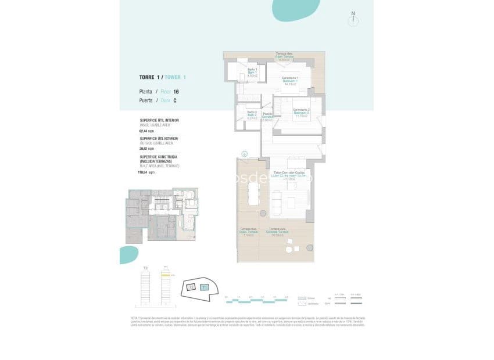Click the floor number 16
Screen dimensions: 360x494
(x=176, y=92)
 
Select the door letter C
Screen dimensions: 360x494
(x=174, y=100)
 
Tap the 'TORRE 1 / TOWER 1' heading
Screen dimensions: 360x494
(x=162, y=77)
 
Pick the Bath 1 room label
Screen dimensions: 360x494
(x=252, y=72)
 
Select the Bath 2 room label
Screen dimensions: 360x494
(x=252, y=114)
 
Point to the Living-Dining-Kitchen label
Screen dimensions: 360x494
(x=289, y=176)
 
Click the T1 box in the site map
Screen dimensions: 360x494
(x=204, y=287)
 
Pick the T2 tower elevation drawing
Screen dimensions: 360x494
(x=145, y=288)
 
